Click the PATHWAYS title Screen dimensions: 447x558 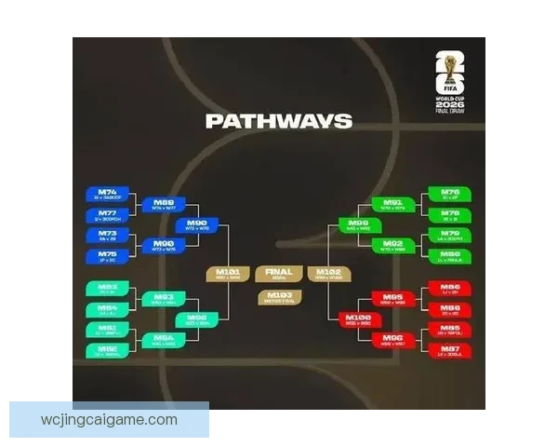(x=279, y=121)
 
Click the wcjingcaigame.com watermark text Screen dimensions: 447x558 (x=110, y=420)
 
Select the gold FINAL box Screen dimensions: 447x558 (x=279, y=274)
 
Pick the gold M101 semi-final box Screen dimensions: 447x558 (x=228, y=274)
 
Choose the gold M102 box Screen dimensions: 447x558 (x=330, y=274)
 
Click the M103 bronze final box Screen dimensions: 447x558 (x=279, y=297)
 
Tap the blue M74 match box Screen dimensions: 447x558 (x=108, y=195)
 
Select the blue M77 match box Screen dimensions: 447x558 (x=108, y=215)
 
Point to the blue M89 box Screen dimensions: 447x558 (x=164, y=204)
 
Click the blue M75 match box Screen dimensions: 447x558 (x=108, y=255)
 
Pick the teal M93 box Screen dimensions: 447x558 (x=164, y=299)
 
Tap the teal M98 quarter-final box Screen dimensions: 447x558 (x=196, y=319)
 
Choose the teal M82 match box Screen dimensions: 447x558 (x=108, y=290)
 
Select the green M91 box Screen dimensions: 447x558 (x=393, y=204)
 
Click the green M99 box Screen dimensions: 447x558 (x=359, y=225)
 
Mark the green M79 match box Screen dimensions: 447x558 (x=449, y=236)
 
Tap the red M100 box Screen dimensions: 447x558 (x=359, y=319)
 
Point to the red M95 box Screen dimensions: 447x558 (x=393, y=299)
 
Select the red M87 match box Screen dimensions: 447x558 (x=449, y=350)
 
